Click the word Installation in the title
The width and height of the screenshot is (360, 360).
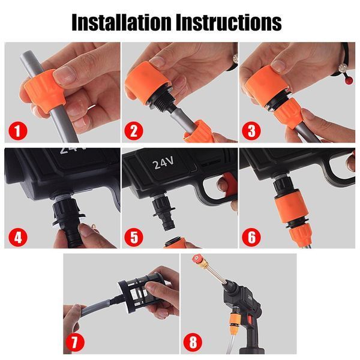pyautogui.click(x=122, y=22)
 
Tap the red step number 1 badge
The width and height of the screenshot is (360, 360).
pyautogui.click(x=17, y=131)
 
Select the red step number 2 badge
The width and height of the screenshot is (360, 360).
pyautogui.click(x=134, y=131)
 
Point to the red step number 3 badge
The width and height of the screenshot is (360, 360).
pyautogui.click(x=251, y=131)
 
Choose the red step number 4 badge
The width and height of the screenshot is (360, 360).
pyautogui.click(x=17, y=237)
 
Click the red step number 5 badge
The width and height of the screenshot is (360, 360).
pyautogui.click(x=134, y=237)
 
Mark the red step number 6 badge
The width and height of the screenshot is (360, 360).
pyautogui.click(x=251, y=237)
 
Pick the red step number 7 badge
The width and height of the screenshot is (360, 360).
pyautogui.click(x=75, y=343)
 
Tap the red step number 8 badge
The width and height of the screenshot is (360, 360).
pyautogui.click(x=193, y=343)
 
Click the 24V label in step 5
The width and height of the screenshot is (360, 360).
pyautogui.click(x=163, y=163)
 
